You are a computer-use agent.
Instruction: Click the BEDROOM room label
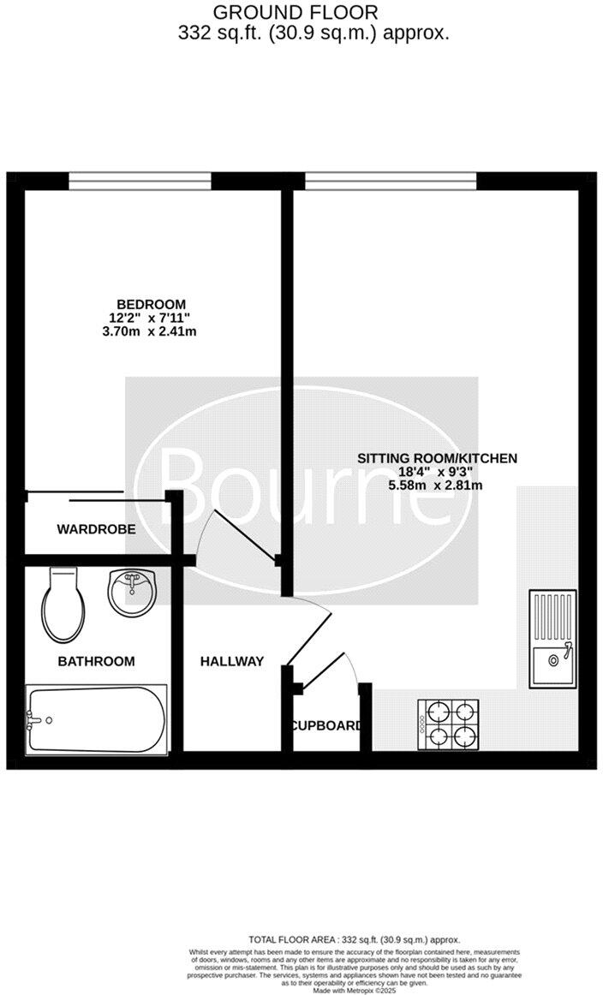point(151,304)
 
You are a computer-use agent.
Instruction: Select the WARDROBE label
point(96,529)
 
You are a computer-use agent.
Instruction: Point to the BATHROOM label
point(96,661)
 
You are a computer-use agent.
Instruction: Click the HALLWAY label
point(231,661)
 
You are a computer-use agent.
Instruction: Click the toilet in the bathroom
point(63,605)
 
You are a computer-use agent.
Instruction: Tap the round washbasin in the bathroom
point(131,589)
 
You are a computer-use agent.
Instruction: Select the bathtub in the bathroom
point(96,718)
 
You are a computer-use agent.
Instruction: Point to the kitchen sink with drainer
point(552,639)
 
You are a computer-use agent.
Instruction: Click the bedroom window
point(140,180)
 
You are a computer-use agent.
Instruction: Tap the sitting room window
point(391,180)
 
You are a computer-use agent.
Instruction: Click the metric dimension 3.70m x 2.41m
point(151,331)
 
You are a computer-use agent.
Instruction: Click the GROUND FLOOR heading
point(295,13)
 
